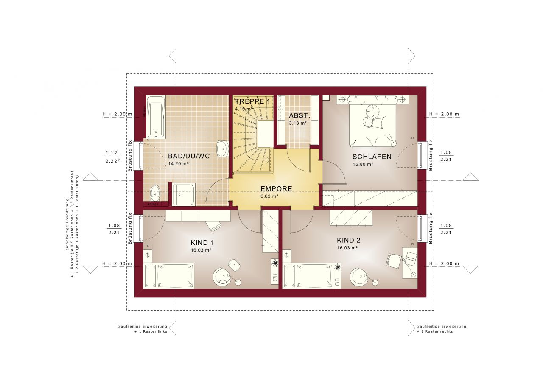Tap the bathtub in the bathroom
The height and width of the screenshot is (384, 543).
coord(156,117)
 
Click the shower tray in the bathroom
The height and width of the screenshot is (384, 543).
coord(184,194)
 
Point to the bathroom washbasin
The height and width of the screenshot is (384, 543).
coord(222,149)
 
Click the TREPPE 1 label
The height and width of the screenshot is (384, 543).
coord(252,101)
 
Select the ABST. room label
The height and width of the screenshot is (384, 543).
coord(299,115)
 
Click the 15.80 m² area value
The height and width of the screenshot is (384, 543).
coord(363,165)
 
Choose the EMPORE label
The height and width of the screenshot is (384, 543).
coord(276,189)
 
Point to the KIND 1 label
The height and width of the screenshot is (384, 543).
coord(202,243)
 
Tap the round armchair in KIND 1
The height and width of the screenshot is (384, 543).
coord(222,277)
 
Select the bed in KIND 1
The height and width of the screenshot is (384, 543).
coord(169,275)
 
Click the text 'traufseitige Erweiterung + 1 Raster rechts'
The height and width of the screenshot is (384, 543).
coord(441,329)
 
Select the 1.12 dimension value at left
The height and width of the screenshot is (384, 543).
coord(111,153)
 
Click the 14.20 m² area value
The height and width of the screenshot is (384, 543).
coord(179,164)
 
